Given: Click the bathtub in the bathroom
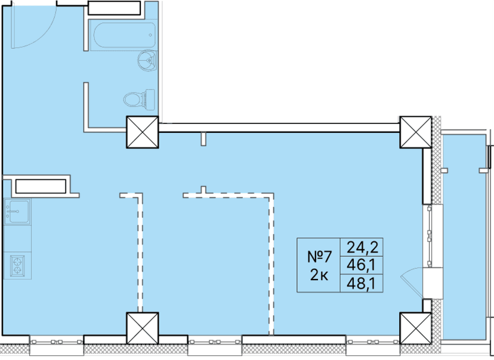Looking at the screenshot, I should (x=122, y=36).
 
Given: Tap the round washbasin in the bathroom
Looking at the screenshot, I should (x=146, y=60).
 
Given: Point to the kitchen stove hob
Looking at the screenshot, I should (x=18, y=265).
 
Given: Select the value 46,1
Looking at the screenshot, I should (x=360, y=263).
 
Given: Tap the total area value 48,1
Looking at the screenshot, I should (x=360, y=283).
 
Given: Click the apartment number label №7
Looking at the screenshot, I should (x=319, y=257).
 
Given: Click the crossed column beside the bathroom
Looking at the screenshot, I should (x=142, y=132).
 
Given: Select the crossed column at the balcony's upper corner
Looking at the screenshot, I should (x=415, y=132).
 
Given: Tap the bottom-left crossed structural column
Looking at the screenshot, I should (x=142, y=328).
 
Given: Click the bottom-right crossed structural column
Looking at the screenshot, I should (x=415, y=328).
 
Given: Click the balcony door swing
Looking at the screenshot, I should (x=411, y=281).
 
